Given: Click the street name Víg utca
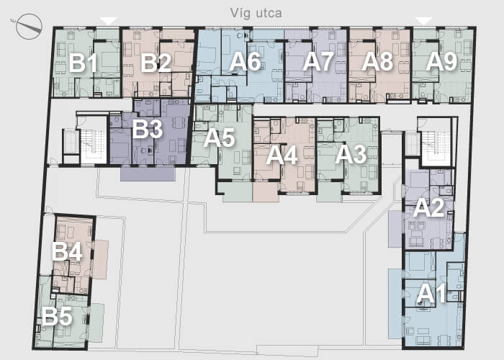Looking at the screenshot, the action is point(256,14).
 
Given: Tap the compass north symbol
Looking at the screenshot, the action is point(29,27).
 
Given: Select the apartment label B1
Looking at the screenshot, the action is point(83,63).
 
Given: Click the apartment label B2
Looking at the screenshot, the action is point(156,63).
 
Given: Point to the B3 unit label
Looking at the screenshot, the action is point(147,129).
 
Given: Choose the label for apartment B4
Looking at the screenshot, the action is point(67,251).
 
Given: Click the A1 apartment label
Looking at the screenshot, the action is point(431,294).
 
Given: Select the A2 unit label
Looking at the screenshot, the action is point(429,207).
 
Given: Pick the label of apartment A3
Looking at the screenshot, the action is point(351,155).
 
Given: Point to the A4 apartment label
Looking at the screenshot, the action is point(282,156).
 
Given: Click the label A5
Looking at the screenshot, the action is point(219,138).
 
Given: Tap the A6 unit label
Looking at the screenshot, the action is point(245,61).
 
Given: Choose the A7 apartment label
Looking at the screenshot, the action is point(318,61).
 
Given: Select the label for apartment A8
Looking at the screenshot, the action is point(377,61).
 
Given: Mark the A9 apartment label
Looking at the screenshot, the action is point(441,61).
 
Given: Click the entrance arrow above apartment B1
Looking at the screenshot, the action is point(109,21).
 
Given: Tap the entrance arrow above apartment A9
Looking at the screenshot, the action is point(423,21).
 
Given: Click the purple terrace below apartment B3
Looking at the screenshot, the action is point(148,174).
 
